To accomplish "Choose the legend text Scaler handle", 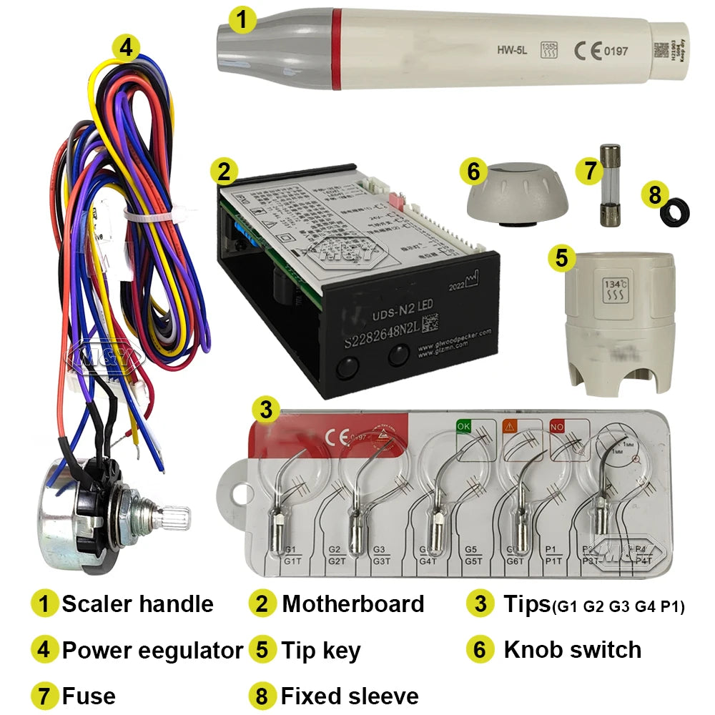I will tap(137, 603).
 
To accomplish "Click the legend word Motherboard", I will tap(352, 603).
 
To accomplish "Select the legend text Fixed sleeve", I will tap(349, 696).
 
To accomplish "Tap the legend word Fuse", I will tap(88, 696).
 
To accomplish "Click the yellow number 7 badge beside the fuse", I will tap(589, 171).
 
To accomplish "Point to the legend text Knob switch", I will tap(572, 649).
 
